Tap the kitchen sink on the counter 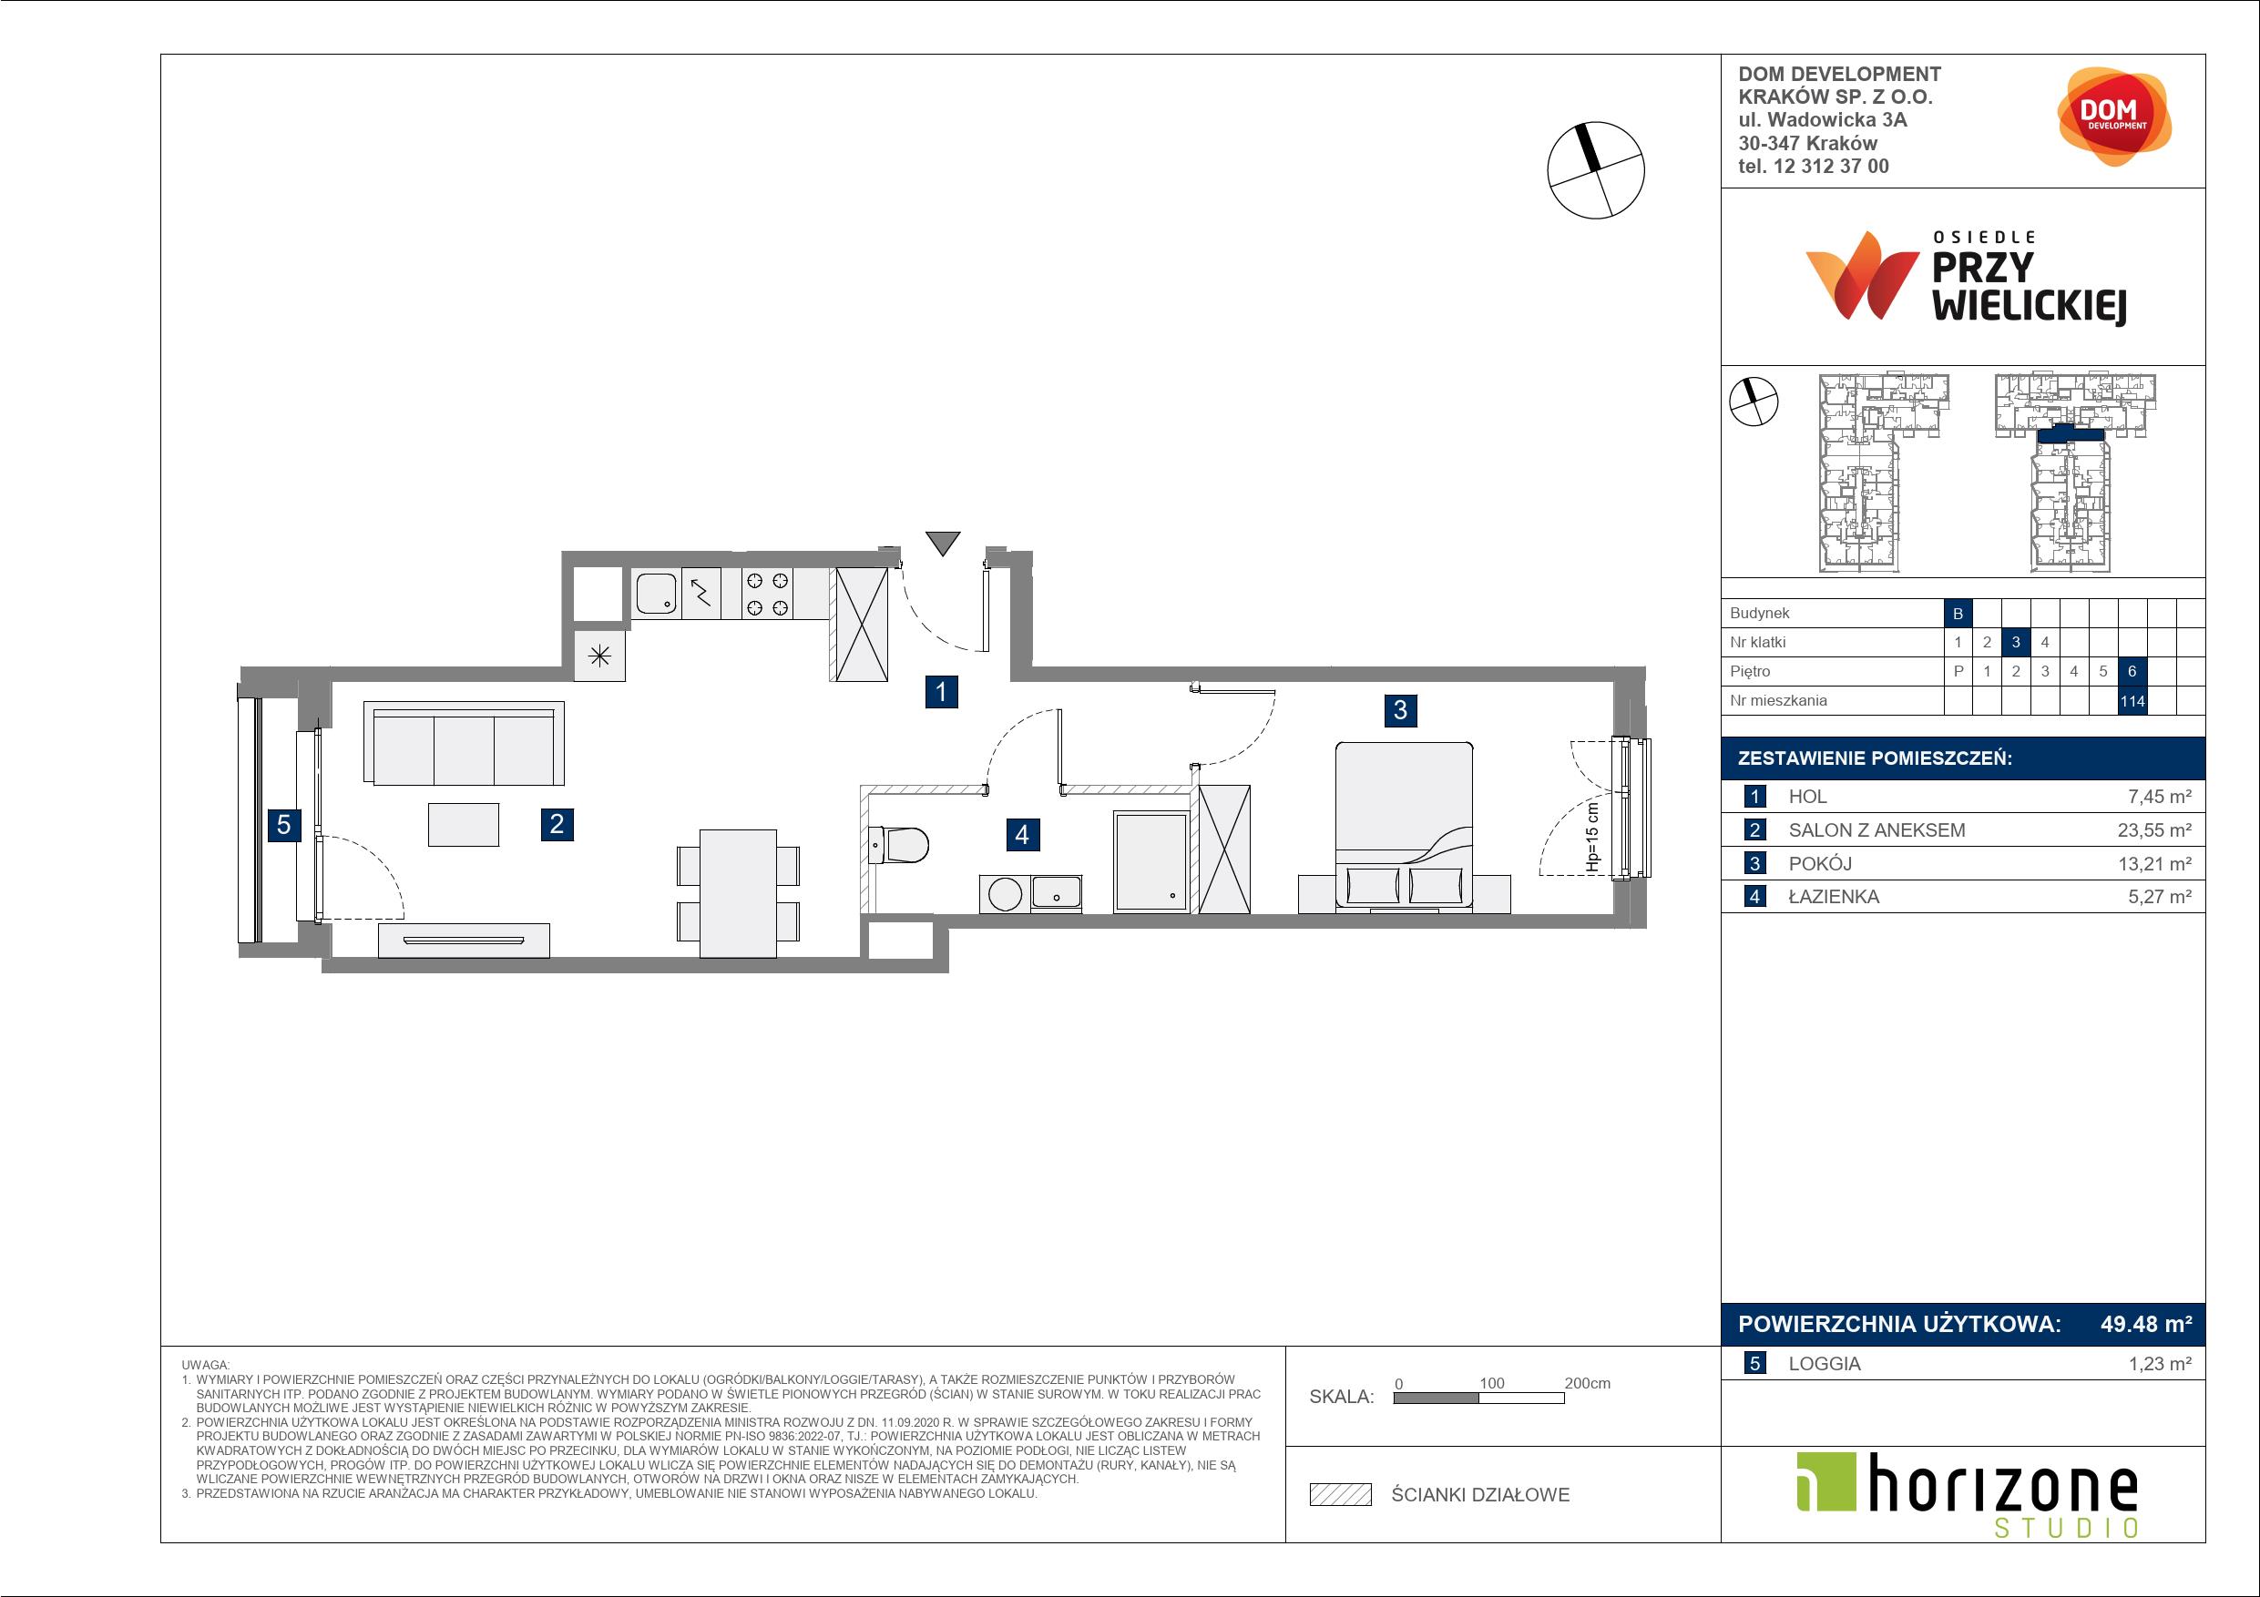click(x=656, y=594)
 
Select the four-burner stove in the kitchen click(x=767, y=594)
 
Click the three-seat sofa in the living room click(x=464, y=743)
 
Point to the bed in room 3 click(x=1404, y=828)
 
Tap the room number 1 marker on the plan click(x=941, y=692)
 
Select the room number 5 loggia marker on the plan click(x=283, y=825)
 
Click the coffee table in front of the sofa click(x=464, y=825)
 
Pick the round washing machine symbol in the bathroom click(x=1005, y=894)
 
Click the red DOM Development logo click(x=2114, y=117)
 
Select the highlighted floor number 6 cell click(x=2132, y=671)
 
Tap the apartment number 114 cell click(x=2132, y=700)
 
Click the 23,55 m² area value click(x=2154, y=829)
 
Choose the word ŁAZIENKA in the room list click(x=1834, y=897)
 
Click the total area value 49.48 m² click(x=2146, y=1324)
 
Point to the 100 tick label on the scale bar click(x=1491, y=1383)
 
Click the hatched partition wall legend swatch click(x=1341, y=1495)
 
